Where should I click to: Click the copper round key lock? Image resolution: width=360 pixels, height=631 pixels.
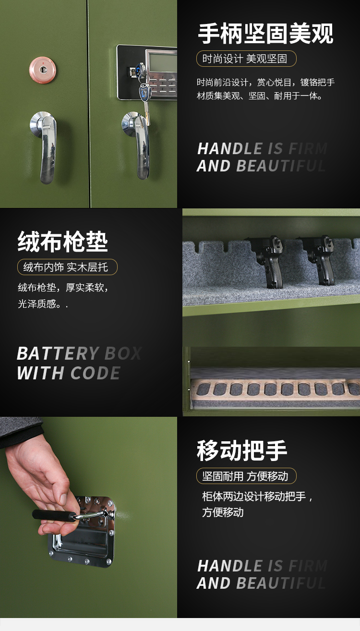pos(43,70)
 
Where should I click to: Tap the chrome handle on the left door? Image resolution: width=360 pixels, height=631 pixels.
pos(45,146)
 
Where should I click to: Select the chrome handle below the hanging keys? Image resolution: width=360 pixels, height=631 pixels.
pos(138,145)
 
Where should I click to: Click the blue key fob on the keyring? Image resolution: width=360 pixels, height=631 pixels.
pos(144,92)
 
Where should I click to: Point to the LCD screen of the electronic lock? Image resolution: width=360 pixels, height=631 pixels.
pos(162,62)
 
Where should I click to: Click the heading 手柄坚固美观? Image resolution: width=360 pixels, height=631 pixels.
pos(266,34)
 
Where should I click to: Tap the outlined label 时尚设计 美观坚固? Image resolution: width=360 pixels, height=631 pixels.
pos(246,59)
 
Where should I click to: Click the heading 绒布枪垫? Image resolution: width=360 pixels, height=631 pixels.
pos(63,242)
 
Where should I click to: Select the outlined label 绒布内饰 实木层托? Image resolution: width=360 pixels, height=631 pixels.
pos(67,267)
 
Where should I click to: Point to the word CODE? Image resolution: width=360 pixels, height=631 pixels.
pos(96,373)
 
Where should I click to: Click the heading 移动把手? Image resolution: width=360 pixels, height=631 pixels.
pos(242,450)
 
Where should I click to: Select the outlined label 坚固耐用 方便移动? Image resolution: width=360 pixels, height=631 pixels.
pos(246,476)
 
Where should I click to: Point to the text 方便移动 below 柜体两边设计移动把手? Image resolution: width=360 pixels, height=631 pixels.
pos(223,512)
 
